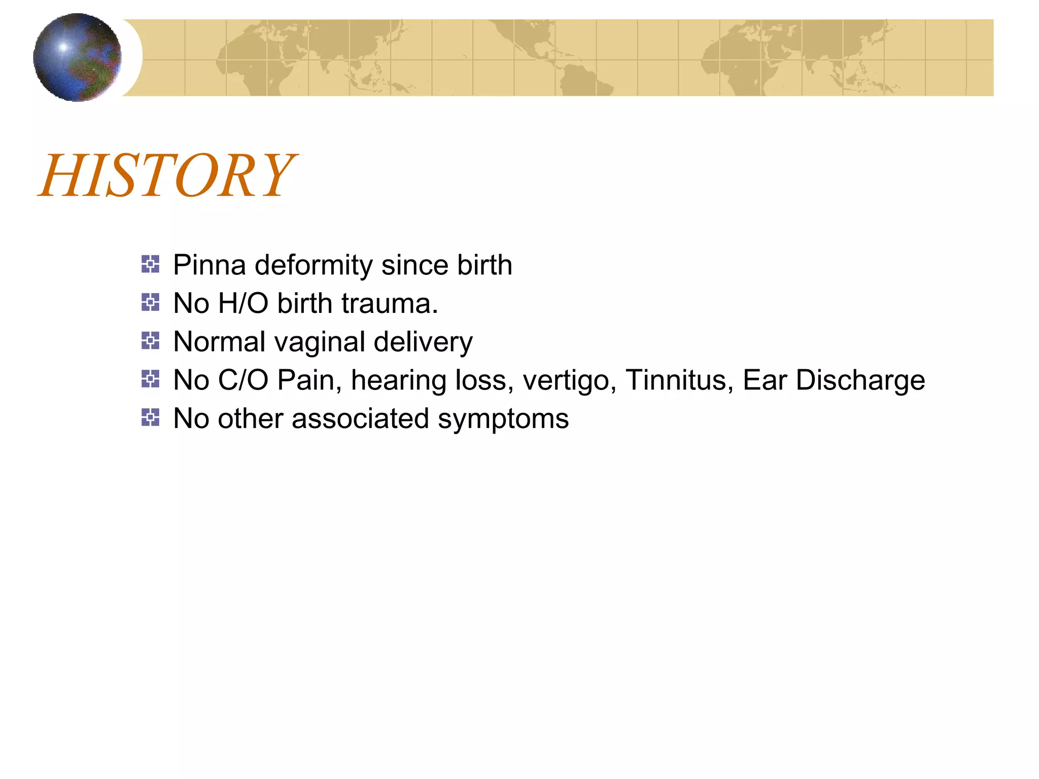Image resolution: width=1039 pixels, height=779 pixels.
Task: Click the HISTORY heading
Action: click(167, 175)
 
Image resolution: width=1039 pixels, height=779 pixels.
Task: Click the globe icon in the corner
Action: click(77, 57)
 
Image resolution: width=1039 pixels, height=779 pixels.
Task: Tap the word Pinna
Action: click(209, 265)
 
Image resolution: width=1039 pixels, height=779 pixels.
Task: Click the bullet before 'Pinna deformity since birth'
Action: click(150, 264)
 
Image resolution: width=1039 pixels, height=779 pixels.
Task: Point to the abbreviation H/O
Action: click(243, 303)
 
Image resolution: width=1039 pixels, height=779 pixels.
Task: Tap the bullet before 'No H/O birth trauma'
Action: click(150, 303)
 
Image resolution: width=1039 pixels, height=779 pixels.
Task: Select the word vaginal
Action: click(319, 342)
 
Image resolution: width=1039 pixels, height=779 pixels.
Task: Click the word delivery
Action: click(423, 342)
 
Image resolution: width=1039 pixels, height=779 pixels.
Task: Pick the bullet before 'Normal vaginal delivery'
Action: click(150, 341)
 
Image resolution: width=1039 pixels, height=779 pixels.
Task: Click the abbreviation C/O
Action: click(243, 380)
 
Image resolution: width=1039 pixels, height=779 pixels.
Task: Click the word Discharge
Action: click(860, 380)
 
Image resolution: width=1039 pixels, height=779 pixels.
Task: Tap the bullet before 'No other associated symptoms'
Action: click(150, 418)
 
